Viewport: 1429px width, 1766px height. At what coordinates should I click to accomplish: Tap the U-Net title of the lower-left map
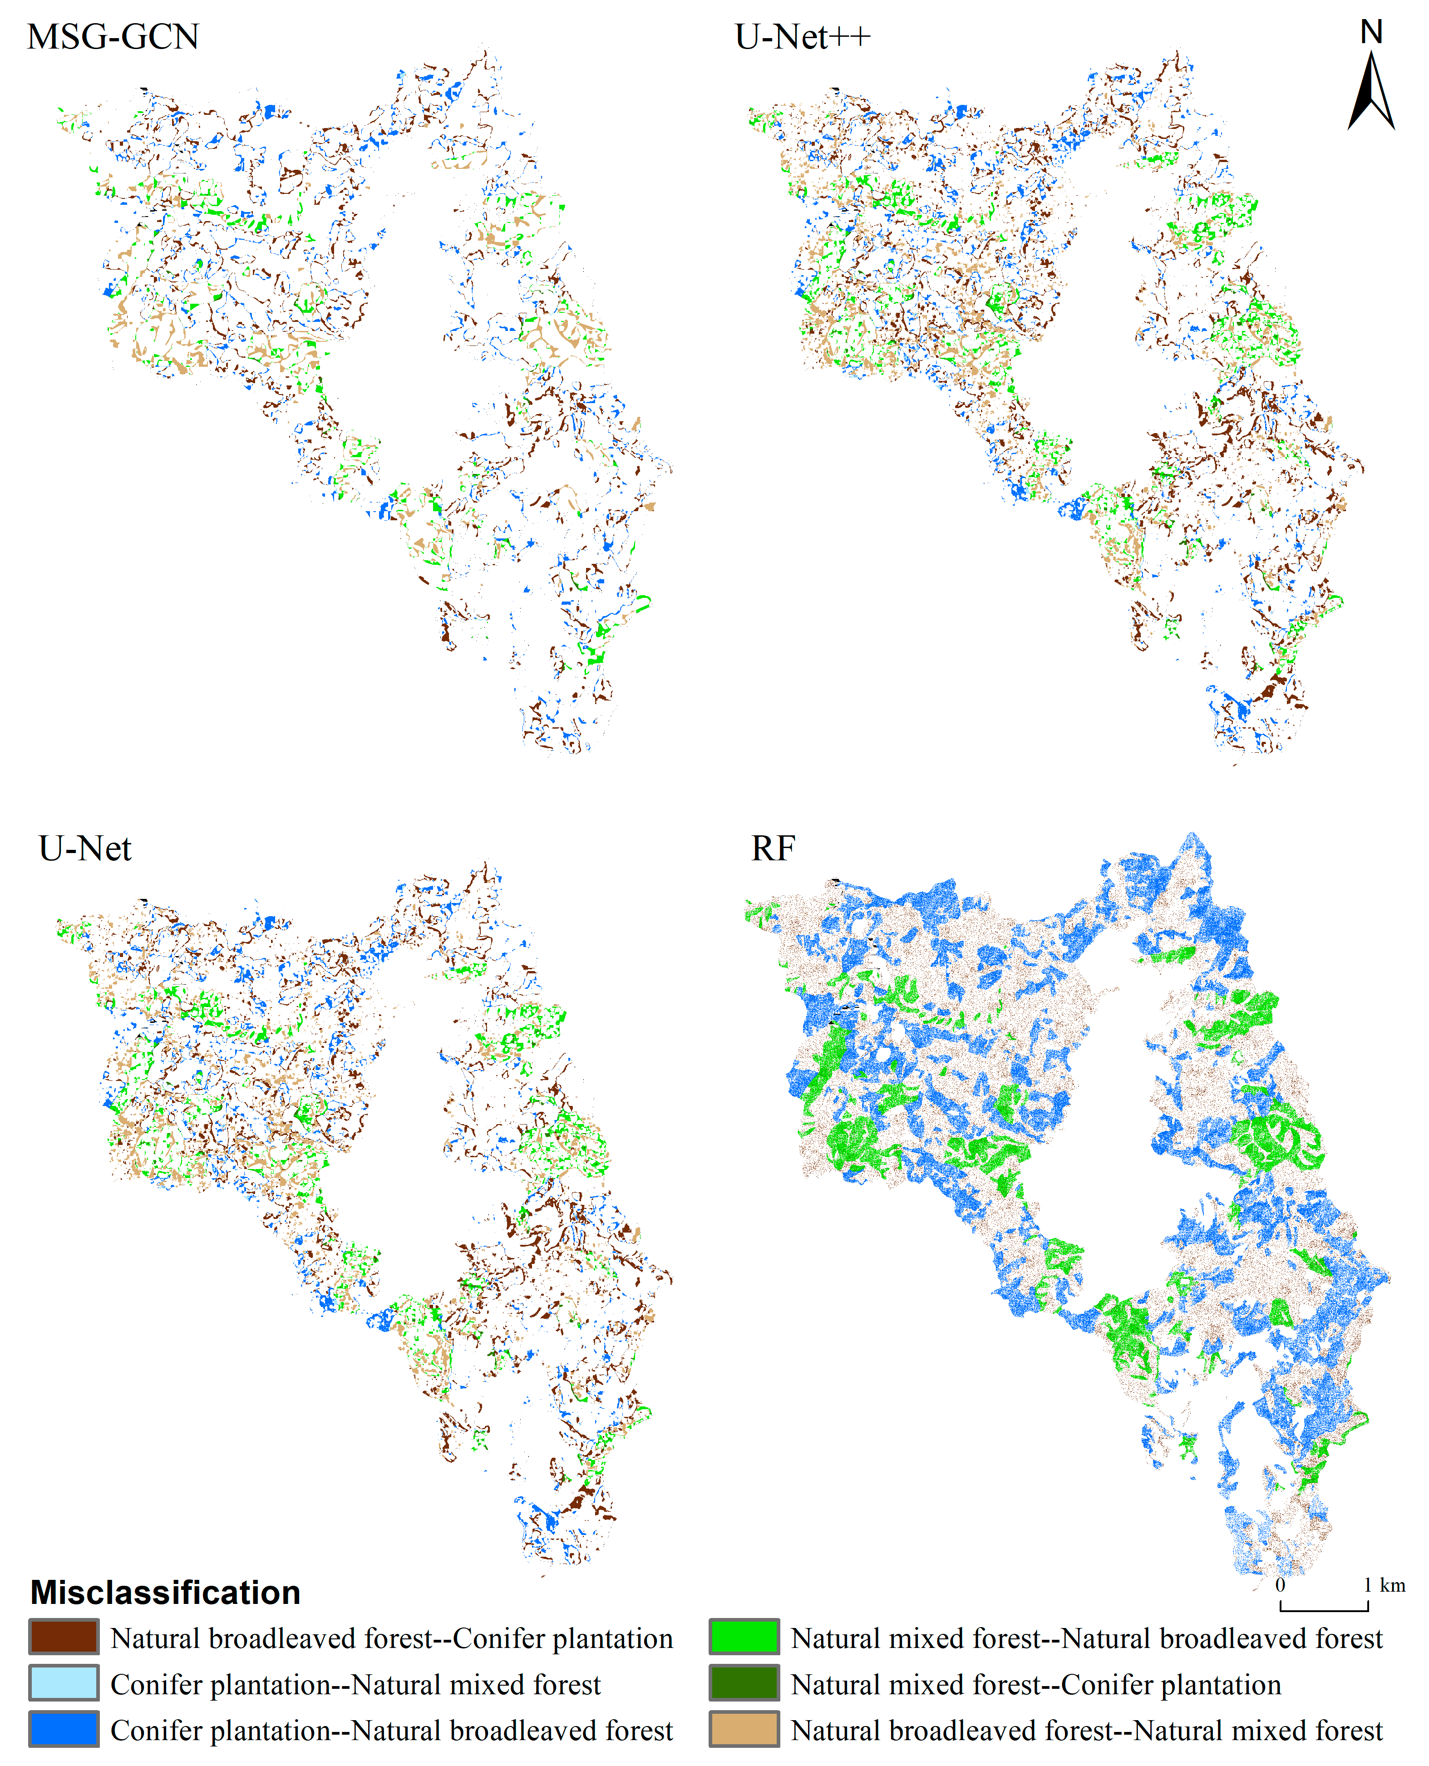(85, 849)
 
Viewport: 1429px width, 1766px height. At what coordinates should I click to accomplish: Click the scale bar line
(1324, 1609)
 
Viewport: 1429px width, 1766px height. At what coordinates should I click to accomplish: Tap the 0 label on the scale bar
(1280, 1585)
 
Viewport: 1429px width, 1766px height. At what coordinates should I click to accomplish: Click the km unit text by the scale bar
(1393, 1585)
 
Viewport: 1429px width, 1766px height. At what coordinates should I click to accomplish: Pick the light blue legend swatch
(64, 1683)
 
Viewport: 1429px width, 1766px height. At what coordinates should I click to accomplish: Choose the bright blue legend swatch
(64, 1729)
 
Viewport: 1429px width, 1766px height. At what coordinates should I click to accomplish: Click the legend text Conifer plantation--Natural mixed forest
(355, 1684)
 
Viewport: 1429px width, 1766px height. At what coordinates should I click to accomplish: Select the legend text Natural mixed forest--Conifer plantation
(1035, 1684)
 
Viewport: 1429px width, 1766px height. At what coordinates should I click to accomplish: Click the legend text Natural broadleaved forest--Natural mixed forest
(1087, 1731)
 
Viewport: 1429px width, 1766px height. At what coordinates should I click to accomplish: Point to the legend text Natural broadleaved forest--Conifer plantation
(392, 1638)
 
